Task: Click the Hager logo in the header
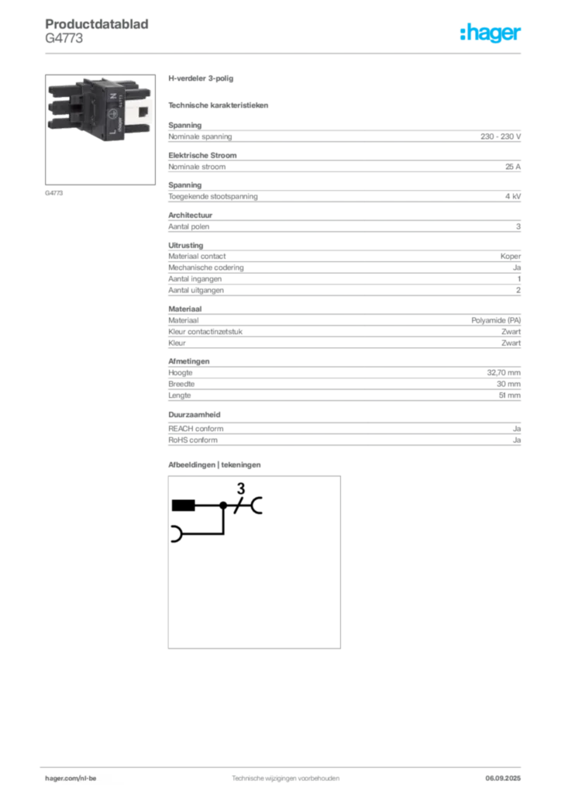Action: point(490,33)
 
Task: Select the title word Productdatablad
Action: point(97,24)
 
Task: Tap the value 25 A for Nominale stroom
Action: point(512,167)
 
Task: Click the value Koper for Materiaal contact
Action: point(511,256)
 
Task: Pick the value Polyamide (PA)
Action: point(496,320)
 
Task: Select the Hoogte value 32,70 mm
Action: point(504,373)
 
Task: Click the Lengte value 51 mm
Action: point(509,395)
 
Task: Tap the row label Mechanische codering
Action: point(206,268)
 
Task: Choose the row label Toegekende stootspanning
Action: point(213,196)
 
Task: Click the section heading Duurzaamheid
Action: point(194,415)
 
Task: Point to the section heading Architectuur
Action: point(190,216)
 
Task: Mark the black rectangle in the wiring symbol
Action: point(183,506)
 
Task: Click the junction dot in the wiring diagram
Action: point(223,506)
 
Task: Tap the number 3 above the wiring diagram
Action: point(241,488)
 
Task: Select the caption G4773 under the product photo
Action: point(53,193)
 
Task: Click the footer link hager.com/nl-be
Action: point(71,778)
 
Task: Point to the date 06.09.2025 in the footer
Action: point(503,778)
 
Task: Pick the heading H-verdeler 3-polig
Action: point(201,78)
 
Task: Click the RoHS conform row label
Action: point(193,440)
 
